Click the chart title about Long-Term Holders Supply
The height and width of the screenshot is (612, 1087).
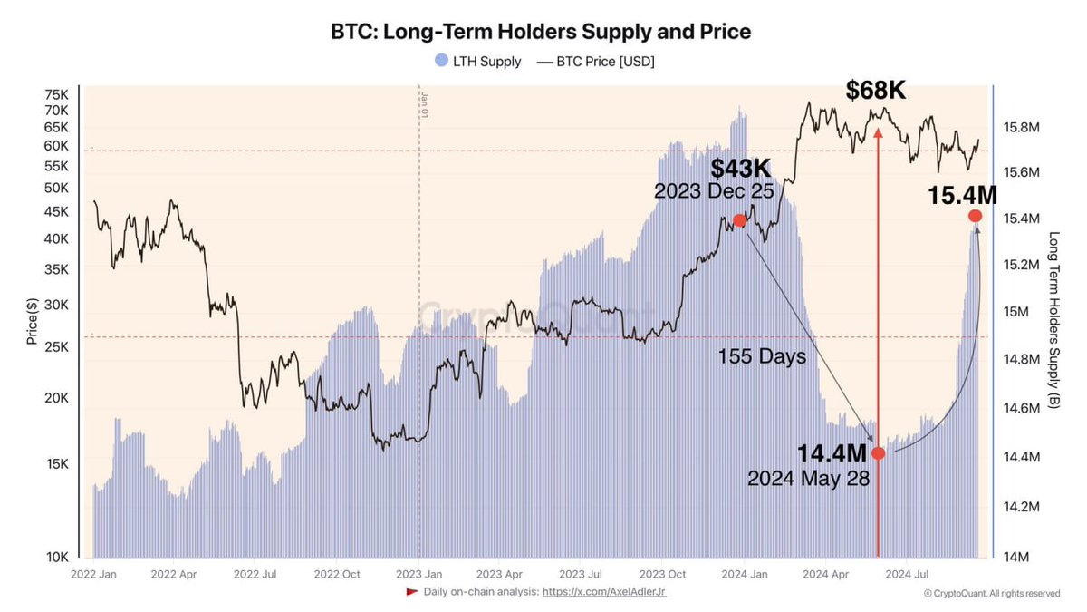click(541, 32)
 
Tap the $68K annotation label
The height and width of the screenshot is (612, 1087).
click(876, 90)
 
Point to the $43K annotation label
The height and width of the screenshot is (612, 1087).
click(740, 170)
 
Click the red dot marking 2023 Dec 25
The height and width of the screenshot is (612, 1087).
click(739, 220)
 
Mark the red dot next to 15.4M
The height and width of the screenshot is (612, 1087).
click(976, 216)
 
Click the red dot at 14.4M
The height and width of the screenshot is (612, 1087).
click(878, 453)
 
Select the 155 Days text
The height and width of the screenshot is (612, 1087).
click(762, 357)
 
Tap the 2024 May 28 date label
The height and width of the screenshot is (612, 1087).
click(808, 479)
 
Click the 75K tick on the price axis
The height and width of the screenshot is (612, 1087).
click(57, 94)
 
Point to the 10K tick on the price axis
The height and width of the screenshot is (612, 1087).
click(57, 557)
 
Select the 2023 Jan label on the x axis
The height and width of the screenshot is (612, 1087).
click(420, 574)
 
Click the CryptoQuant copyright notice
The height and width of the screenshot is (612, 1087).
click(991, 594)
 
